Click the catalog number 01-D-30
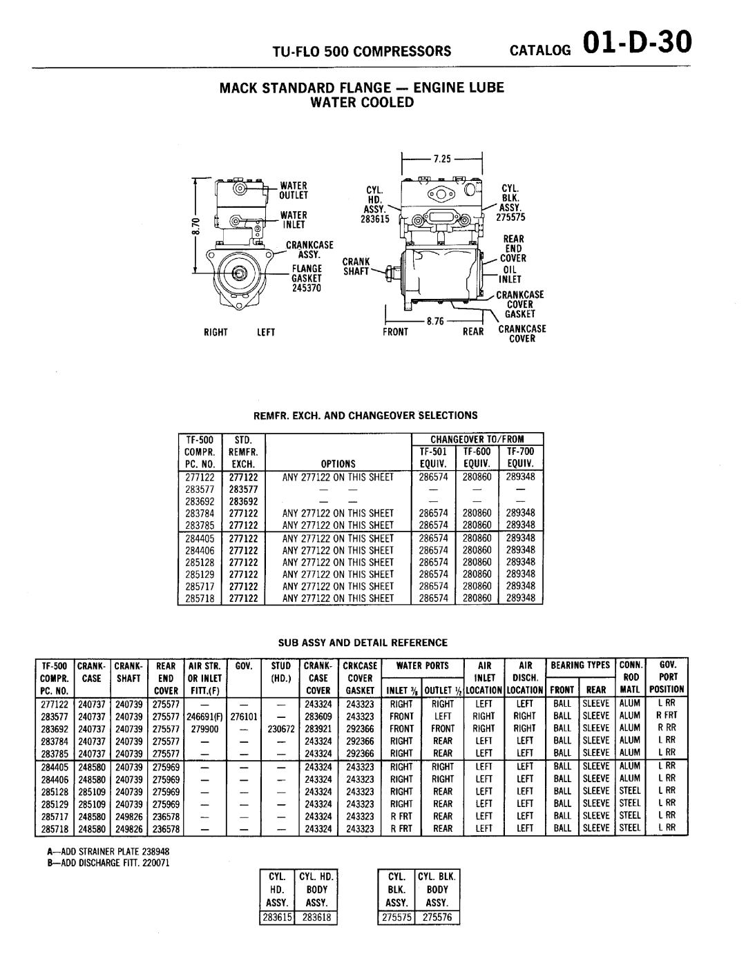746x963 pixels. pos(636,43)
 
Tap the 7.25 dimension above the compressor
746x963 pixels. pos(441,158)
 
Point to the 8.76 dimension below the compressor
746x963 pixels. pos(434,321)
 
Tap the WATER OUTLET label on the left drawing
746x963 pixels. pos(293,190)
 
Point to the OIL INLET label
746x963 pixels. pos(510,275)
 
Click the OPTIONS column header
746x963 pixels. pos(338,464)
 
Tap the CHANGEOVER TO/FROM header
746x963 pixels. pos(477,439)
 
